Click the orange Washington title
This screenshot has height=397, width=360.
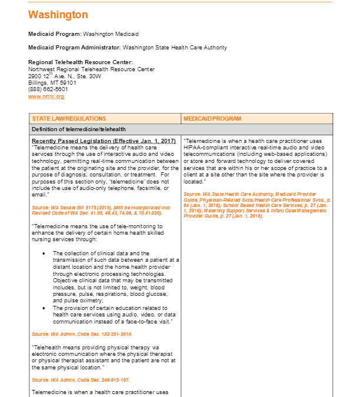pos(58,15)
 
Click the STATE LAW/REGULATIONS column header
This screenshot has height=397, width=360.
pos(69,119)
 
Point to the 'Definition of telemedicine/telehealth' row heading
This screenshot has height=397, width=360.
pos(78,129)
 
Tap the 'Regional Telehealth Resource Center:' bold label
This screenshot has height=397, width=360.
pos(81,62)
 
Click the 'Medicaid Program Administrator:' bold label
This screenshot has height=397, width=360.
pos(74,48)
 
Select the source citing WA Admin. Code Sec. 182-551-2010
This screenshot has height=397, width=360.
pos(75,334)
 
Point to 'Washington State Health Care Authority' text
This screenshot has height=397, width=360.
pos(175,48)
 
